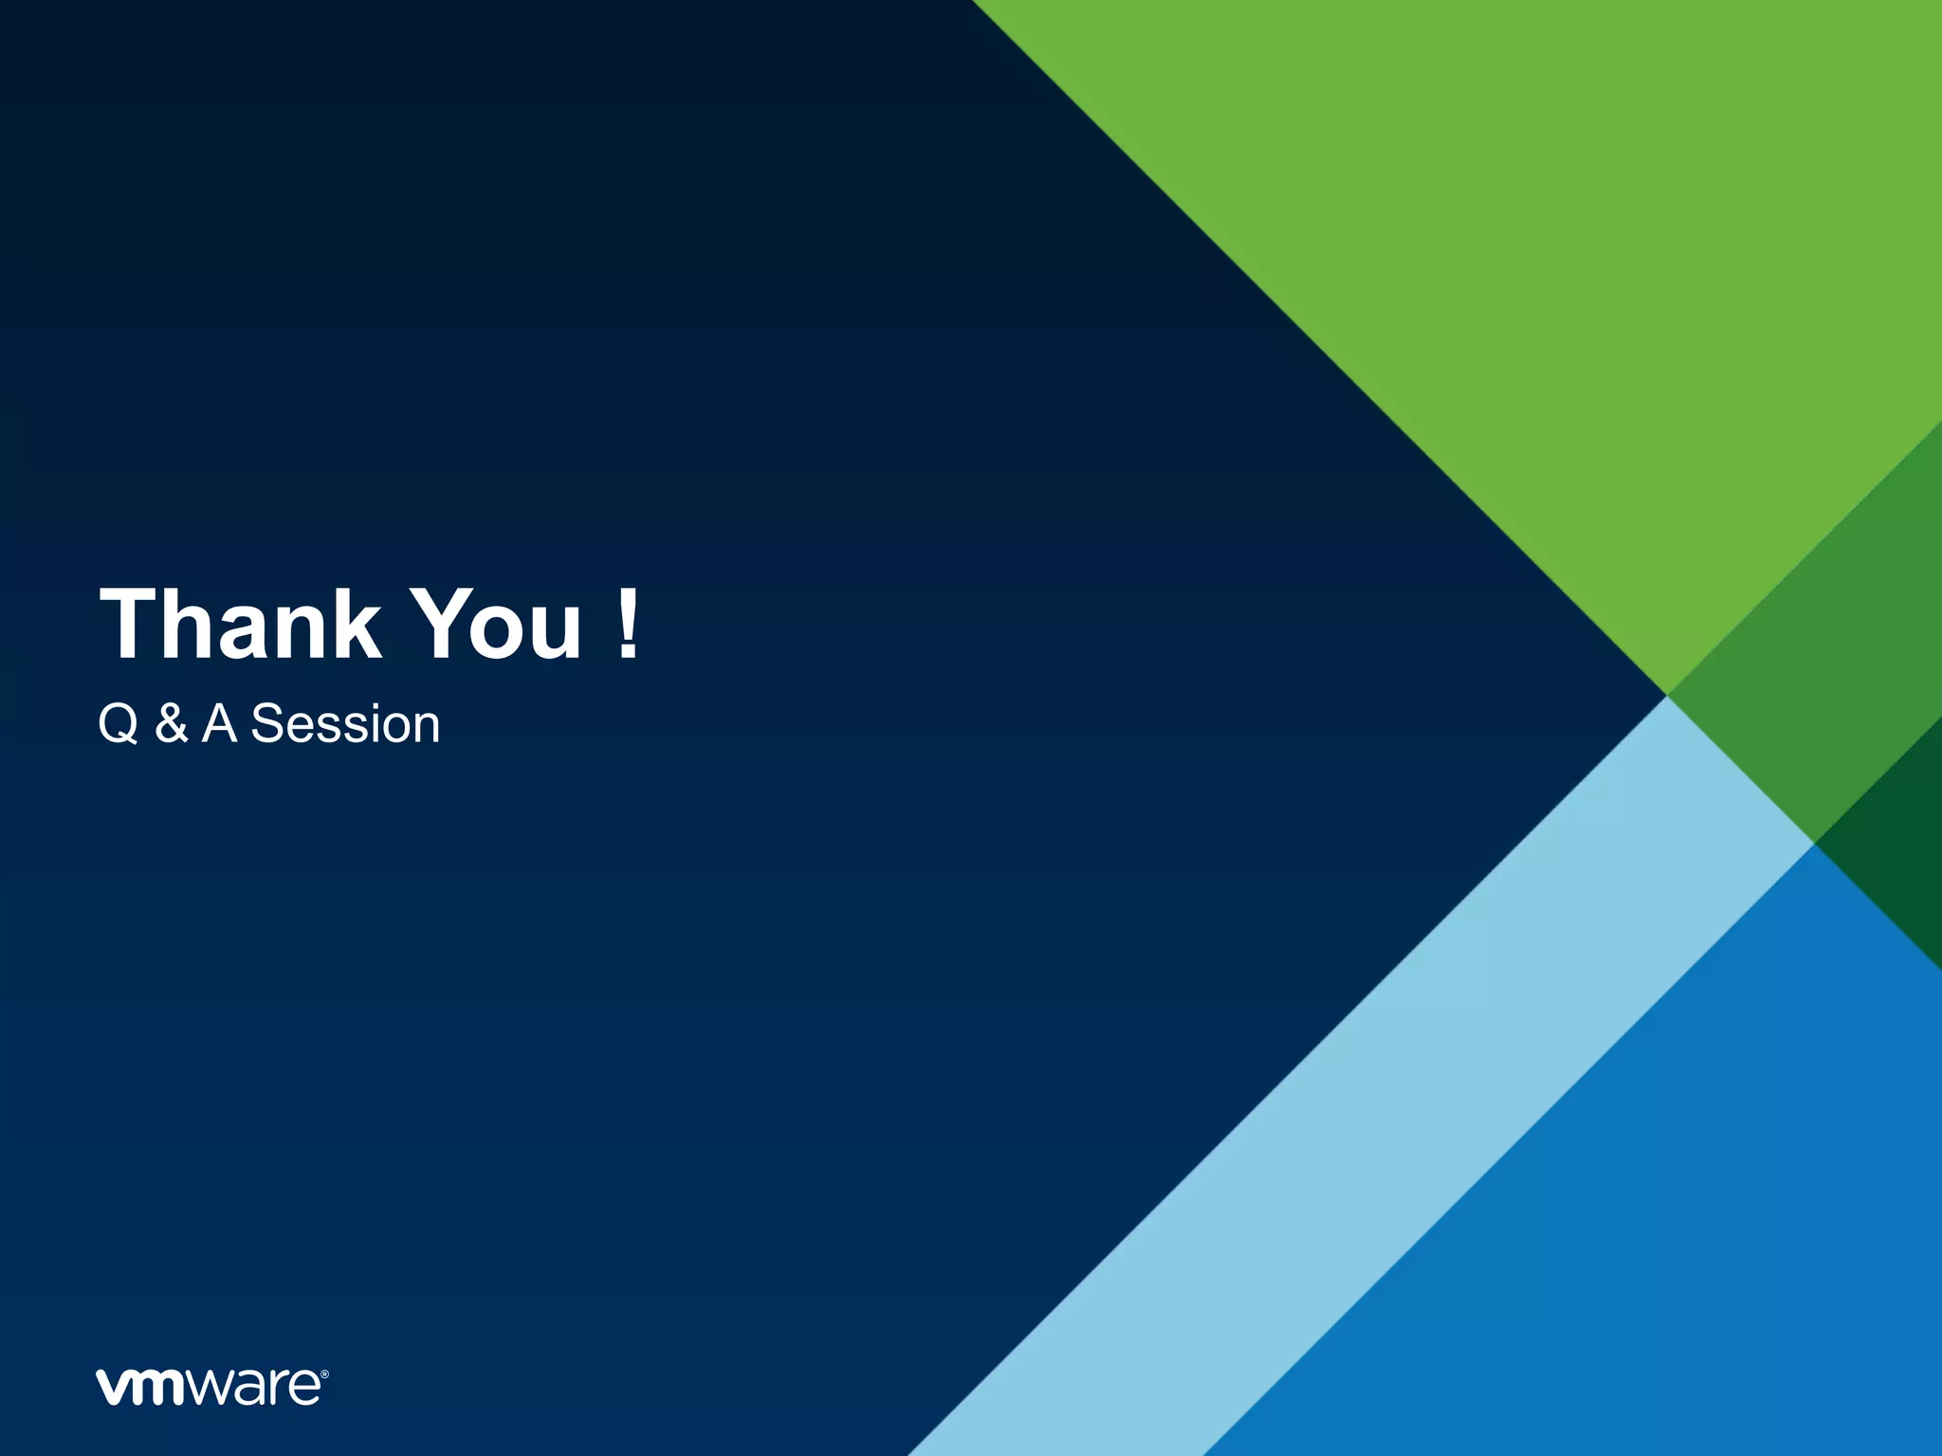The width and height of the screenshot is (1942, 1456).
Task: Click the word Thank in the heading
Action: pyautogui.click(x=241, y=623)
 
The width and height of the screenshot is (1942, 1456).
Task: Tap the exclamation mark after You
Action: pyautogui.click(x=627, y=623)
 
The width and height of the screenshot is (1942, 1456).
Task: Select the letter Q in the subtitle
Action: pyautogui.click(x=119, y=725)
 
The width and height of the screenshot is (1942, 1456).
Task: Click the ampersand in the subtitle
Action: pyautogui.click(x=171, y=725)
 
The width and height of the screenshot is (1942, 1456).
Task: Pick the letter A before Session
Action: pyautogui.click(x=219, y=725)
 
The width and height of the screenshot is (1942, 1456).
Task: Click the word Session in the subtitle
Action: pyautogui.click(x=345, y=725)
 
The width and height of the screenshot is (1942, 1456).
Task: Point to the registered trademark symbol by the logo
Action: pyautogui.click(x=324, y=1374)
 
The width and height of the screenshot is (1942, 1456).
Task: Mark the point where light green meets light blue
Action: pyautogui.click(x=1667, y=696)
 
